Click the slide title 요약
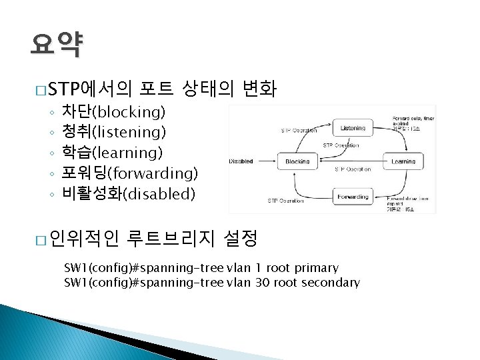click(x=56, y=45)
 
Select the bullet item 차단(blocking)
click(x=113, y=111)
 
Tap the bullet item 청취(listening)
click(x=113, y=131)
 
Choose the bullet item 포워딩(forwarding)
click(x=129, y=173)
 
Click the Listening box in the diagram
click(x=353, y=127)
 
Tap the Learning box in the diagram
click(x=403, y=161)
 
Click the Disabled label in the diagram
click(x=241, y=161)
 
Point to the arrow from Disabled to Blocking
click(x=265, y=161)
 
